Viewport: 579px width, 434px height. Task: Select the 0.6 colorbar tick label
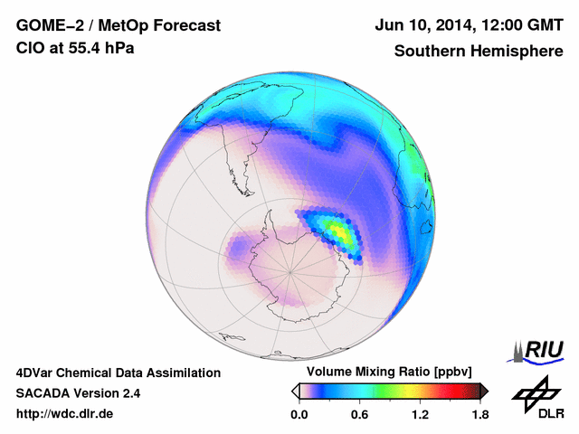[359, 414]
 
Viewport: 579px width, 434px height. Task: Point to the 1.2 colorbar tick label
[419, 414]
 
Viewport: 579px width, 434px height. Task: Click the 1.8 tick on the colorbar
[479, 414]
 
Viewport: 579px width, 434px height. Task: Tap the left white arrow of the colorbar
[296, 391]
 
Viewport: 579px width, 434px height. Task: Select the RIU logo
[540, 350]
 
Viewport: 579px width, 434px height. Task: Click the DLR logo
[535, 399]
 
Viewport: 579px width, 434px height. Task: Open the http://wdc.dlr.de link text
[65, 414]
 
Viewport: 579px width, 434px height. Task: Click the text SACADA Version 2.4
[78, 393]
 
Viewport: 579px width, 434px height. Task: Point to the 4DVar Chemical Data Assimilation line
[118, 373]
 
